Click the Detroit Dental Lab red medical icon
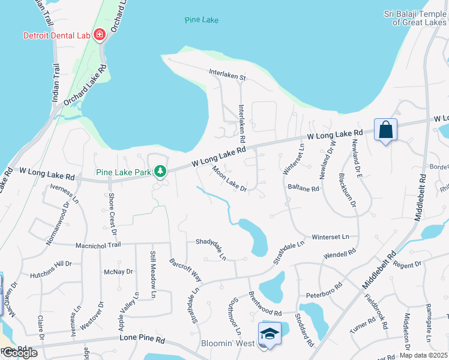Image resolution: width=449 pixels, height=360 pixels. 99,35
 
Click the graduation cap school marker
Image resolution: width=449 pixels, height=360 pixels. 270,334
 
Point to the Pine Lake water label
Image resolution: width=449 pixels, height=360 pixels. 201,20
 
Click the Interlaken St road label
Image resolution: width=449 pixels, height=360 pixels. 228,77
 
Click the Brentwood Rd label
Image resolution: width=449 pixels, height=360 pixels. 265,304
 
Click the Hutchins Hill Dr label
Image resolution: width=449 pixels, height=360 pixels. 51,263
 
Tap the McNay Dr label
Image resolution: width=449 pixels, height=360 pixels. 118,272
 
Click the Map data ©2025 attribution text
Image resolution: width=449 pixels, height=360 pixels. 424,355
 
